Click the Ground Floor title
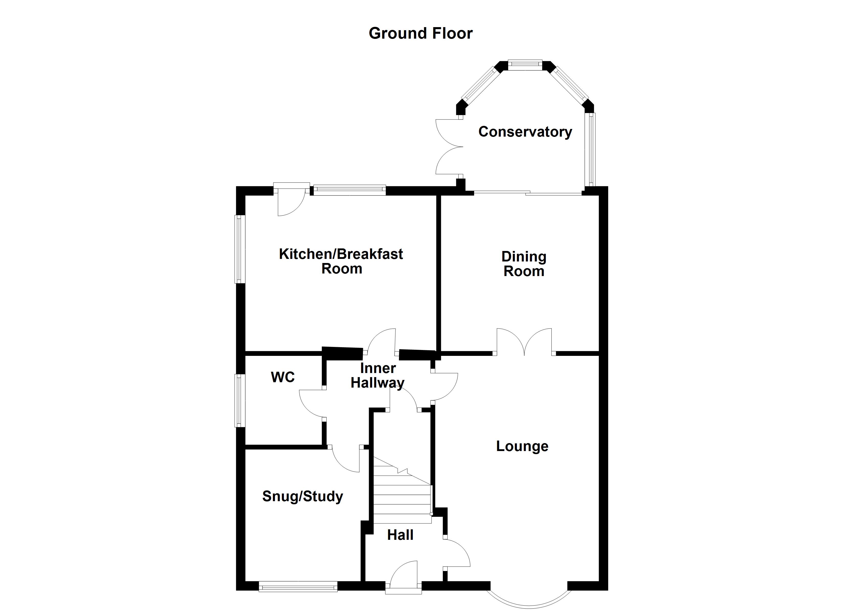coord(420,34)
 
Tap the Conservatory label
coord(525,132)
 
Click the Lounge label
coord(522,446)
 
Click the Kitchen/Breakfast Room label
coord(341,261)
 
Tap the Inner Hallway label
coord(377,375)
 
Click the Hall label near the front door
coord(400,535)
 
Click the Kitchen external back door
coord(291,201)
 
